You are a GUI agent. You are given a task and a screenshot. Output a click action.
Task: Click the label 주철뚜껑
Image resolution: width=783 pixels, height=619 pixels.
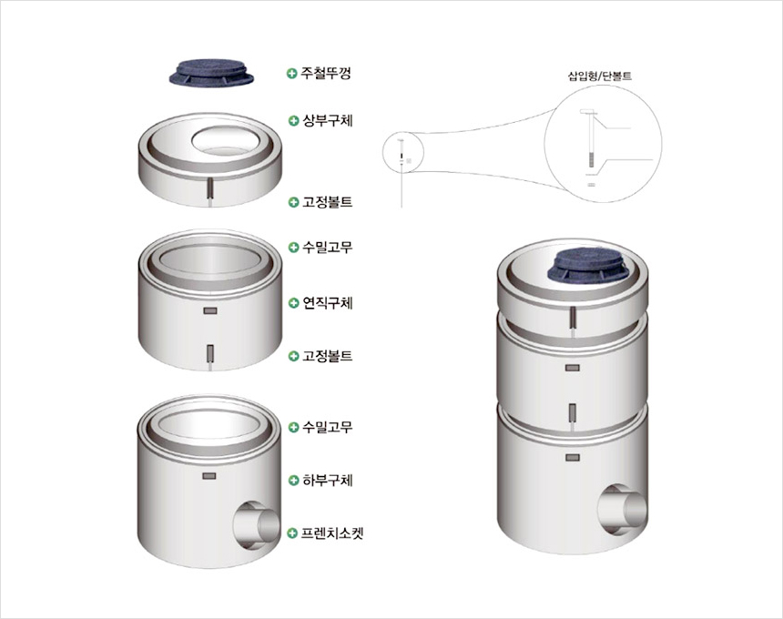[326, 74]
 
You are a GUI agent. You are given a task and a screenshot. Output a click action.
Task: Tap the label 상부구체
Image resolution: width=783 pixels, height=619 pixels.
[328, 120]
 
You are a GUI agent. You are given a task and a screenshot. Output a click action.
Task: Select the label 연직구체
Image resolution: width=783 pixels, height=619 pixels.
[328, 303]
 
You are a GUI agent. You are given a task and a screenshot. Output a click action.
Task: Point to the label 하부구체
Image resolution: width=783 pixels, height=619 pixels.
[328, 481]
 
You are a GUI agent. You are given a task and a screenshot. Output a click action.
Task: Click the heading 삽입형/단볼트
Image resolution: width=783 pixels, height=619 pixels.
[600, 76]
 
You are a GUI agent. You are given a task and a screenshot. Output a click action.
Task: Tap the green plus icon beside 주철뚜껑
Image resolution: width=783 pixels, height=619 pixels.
[292, 74]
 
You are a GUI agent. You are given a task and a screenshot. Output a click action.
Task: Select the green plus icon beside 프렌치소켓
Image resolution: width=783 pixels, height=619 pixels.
[293, 533]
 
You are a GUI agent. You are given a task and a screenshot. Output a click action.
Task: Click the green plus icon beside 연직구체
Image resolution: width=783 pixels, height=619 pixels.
[293, 303]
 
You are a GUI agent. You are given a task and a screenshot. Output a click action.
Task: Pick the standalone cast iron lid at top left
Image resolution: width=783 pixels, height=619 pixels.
[210, 74]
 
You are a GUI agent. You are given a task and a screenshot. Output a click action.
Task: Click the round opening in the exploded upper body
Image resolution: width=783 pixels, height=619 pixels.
[225, 140]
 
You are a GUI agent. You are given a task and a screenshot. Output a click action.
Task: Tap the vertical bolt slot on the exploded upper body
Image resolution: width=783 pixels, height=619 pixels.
[210, 188]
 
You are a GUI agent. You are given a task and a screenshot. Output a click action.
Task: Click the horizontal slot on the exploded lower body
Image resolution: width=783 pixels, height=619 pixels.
[208, 476]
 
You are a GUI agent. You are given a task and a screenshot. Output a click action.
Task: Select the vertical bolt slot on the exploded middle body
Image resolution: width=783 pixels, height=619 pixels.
[210, 353]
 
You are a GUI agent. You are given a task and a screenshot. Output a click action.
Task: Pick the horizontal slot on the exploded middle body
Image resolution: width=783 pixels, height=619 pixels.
[210, 310]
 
